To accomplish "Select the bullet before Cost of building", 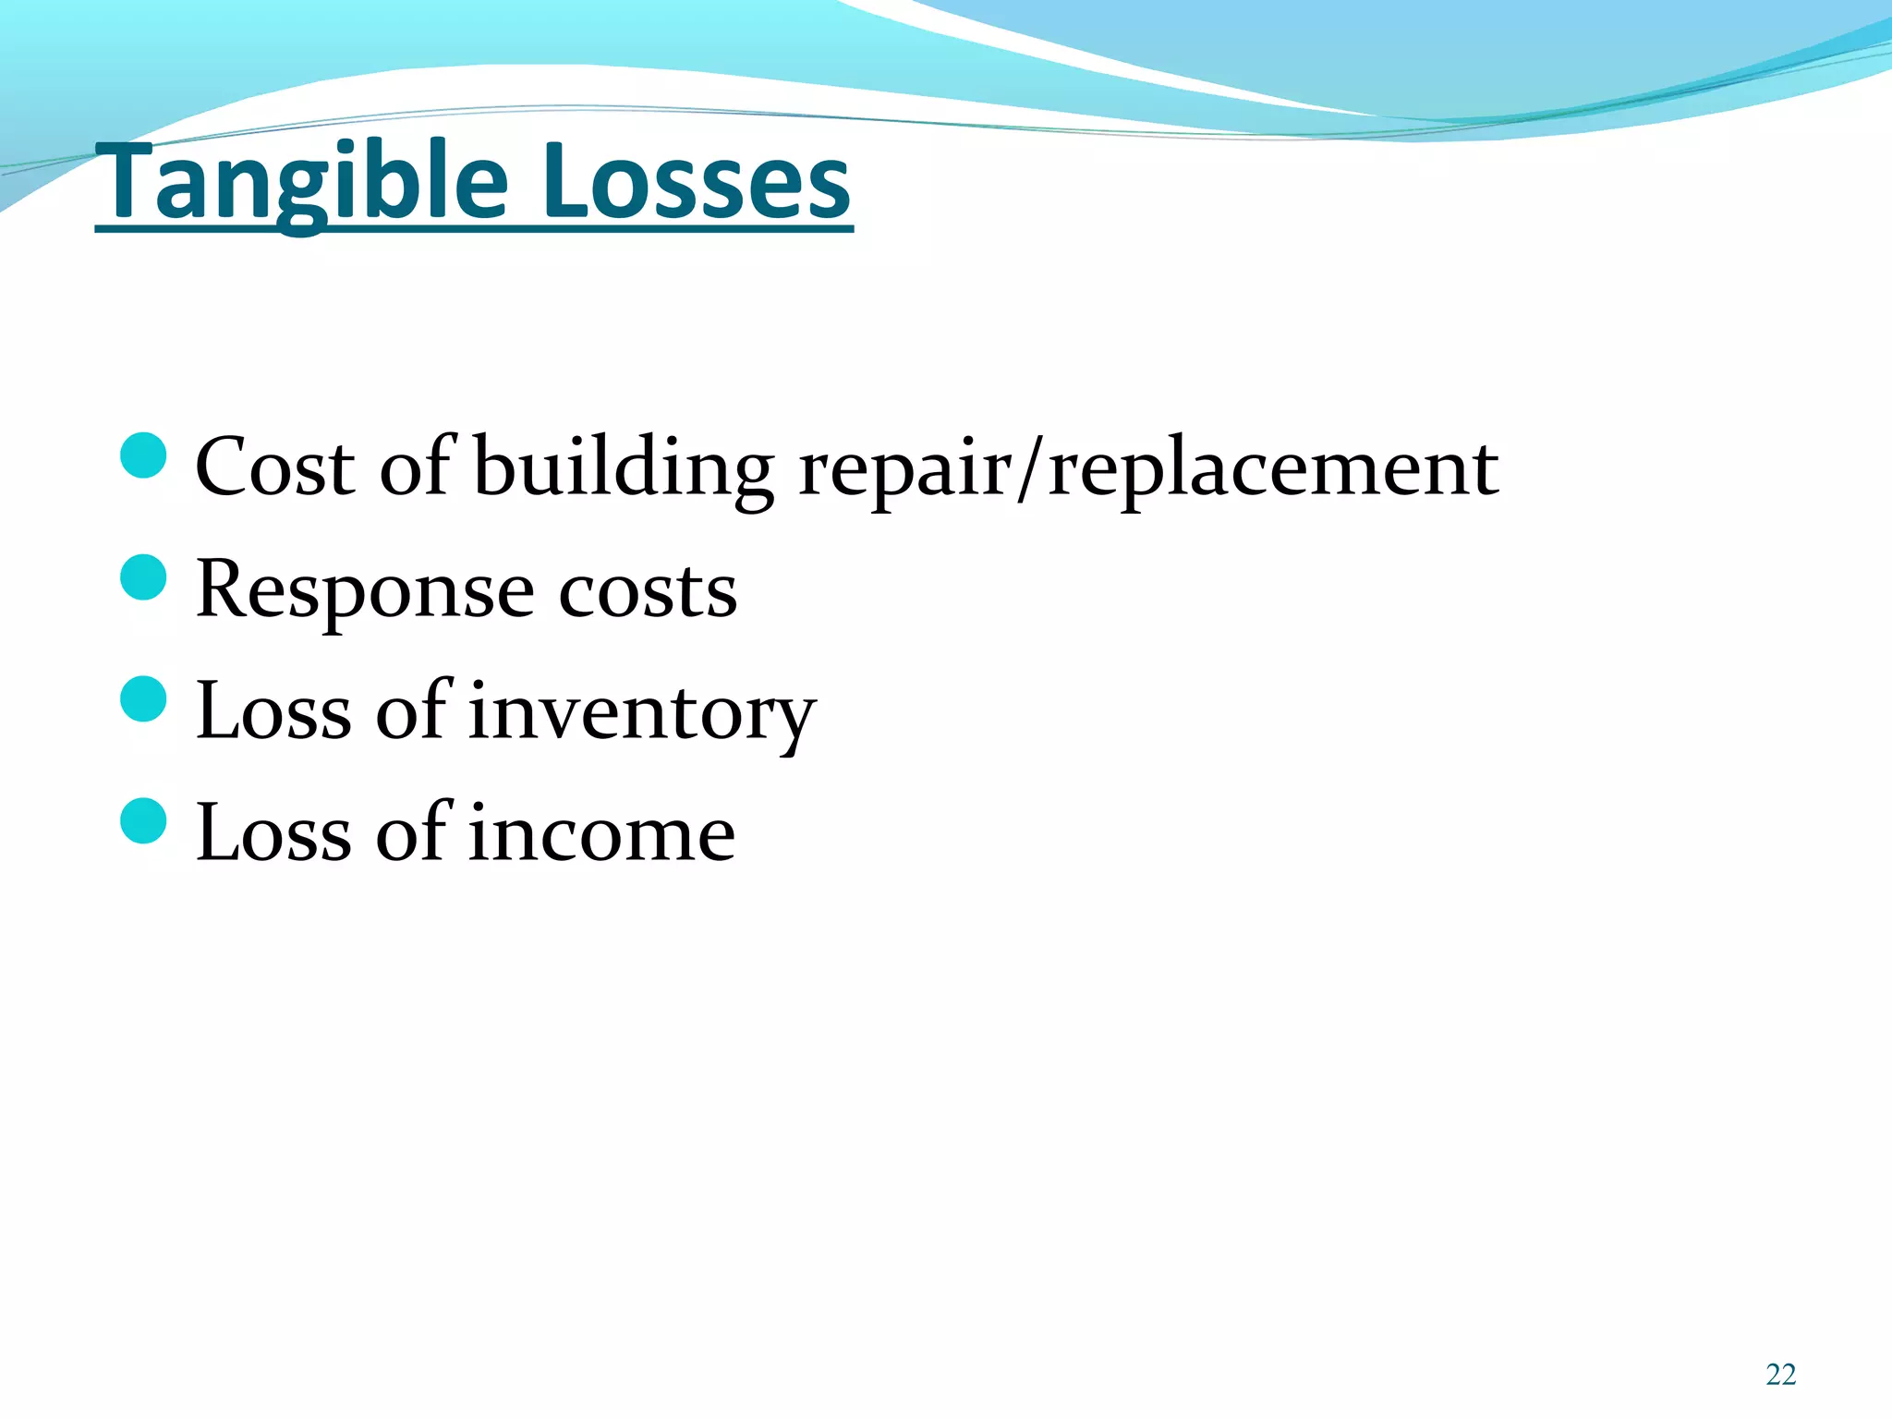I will tap(143, 455).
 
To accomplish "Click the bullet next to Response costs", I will tap(143, 577).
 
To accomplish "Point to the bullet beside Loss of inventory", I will tap(143, 698).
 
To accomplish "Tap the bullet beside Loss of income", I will tap(143, 820).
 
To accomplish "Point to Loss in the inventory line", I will tap(273, 711).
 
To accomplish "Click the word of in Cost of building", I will tap(416, 467).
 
